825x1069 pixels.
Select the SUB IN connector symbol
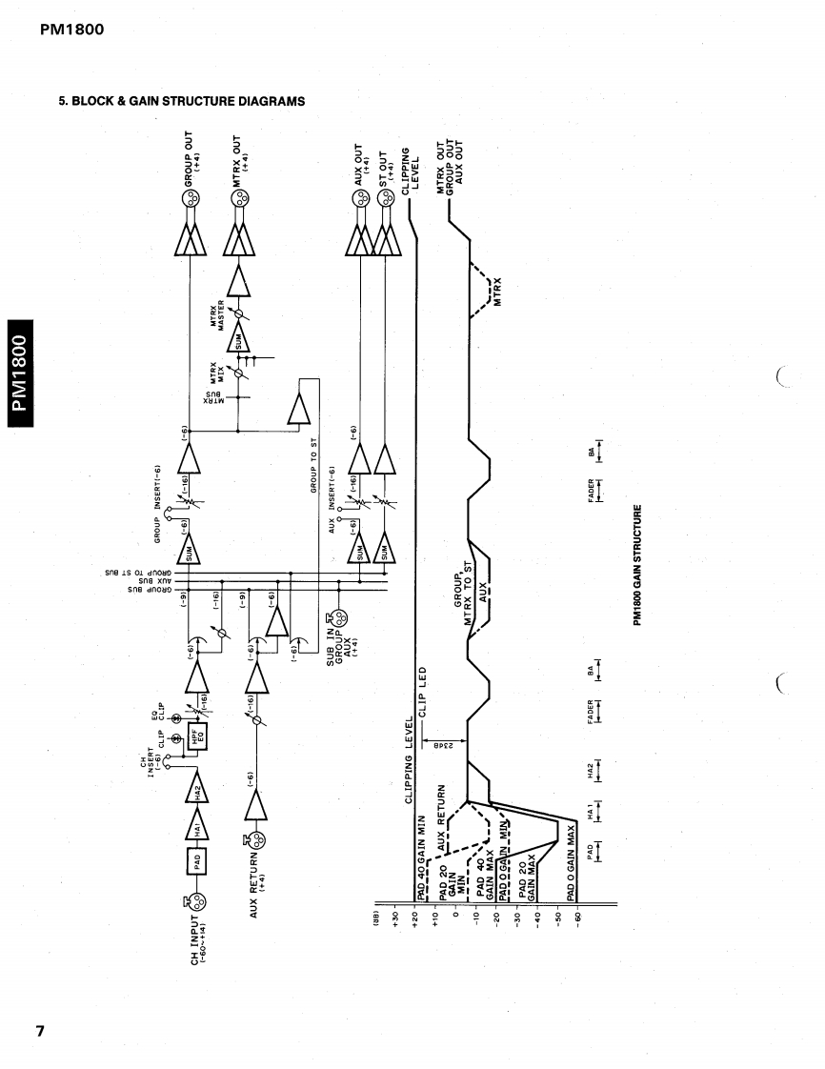pyautogui.click(x=330, y=620)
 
